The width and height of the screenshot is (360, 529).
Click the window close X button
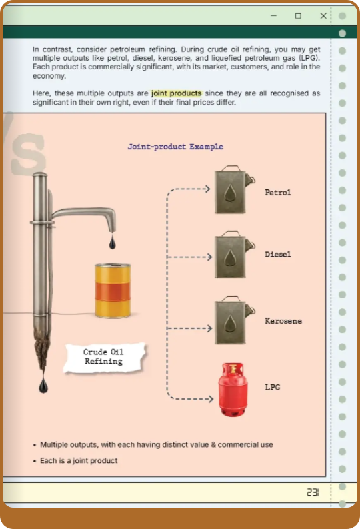[323, 16]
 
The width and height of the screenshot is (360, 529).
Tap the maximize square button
[298, 16]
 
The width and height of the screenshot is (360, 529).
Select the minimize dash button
[274, 16]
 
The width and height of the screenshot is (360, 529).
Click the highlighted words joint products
[176, 93]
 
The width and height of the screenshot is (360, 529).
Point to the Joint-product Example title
[175, 147]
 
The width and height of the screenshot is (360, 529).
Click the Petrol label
[278, 193]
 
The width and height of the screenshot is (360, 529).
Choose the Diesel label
[278, 254]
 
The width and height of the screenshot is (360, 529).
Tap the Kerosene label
[283, 321]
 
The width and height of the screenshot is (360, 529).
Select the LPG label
[273, 387]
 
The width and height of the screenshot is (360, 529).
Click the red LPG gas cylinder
[233, 390]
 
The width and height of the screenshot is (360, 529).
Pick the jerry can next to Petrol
[235, 190]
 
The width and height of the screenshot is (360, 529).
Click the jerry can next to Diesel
[235, 255]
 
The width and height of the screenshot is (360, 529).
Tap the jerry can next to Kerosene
[235, 320]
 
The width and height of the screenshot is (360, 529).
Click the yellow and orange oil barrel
[113, 290]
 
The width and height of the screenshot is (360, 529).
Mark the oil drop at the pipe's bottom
[43, 386]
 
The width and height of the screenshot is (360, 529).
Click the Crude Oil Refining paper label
[104, 358]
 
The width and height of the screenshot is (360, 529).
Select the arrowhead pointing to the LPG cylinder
[211, 399]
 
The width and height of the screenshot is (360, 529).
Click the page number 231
[313, 492]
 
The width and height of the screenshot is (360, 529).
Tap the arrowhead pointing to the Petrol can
[208, 189]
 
